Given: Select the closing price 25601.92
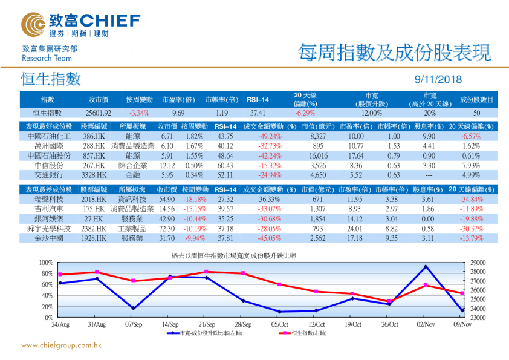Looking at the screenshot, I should (x=99, y=113).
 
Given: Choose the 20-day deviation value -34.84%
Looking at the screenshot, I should (x=473, y=199).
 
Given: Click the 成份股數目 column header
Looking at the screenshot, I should (x=476, y=99).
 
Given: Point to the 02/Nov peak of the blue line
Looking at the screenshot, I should (x=426, y=267).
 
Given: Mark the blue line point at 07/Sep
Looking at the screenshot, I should (x=133, y=308).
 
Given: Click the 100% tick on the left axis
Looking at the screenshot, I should (x=45, y=263).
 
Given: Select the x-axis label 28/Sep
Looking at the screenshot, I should (x=242, y=324).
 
